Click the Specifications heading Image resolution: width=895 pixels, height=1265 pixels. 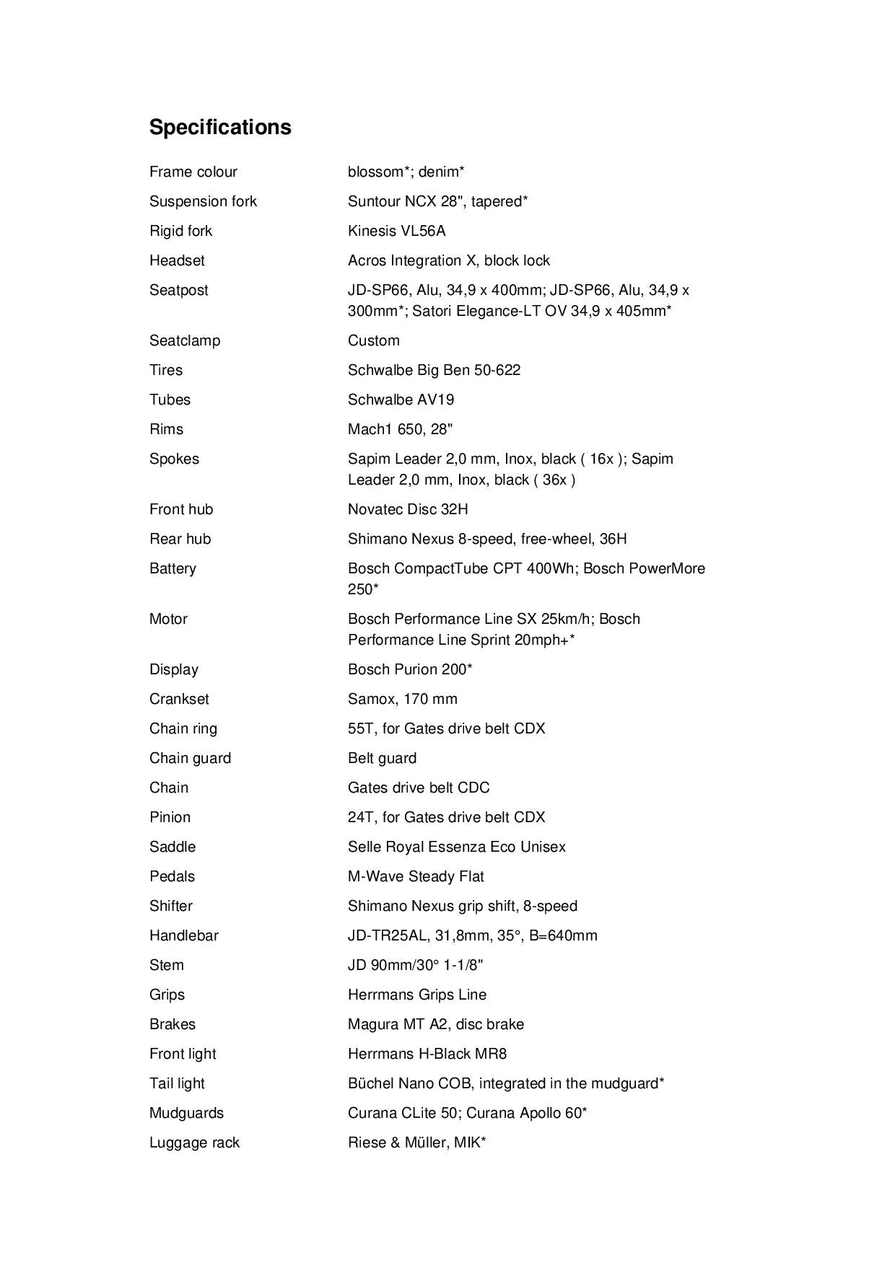click(220, 127)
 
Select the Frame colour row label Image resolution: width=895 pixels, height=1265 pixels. click(193, 172)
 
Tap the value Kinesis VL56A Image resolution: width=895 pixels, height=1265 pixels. click(396, 231)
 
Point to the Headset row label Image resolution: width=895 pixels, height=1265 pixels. click(177, 260)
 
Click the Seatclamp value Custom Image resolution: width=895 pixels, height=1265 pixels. click(373, 340)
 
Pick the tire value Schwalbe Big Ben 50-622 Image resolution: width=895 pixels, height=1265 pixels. click(434, 370)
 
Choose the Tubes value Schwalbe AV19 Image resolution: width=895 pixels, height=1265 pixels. click(401, 400)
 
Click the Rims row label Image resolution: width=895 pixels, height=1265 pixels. click(166, 429)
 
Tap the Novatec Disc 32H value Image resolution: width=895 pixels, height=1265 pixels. click(408, 509)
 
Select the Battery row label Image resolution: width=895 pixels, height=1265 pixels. click(173, 568)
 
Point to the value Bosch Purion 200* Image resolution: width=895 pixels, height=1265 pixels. click(410, 669)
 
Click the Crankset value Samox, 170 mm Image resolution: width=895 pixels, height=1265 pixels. click(402, 699)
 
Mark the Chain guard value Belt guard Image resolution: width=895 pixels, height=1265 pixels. click(382, 758)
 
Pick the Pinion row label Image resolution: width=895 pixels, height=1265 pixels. click(170, 817)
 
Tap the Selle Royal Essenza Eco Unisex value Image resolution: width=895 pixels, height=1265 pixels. click(456, 847)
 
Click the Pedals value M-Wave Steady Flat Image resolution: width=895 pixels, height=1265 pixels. click(416, 876)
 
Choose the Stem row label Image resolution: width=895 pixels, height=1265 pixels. click(166, 965)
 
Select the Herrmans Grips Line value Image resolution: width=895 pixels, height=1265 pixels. click(416, 995)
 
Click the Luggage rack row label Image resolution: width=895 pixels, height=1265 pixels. click(194, 1142)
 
